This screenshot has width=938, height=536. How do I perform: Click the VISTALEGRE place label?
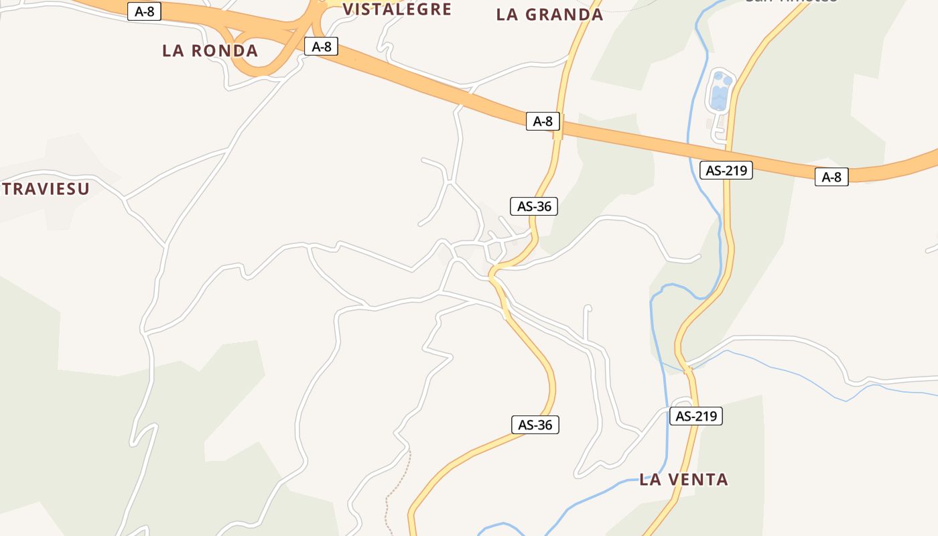pos(397,9)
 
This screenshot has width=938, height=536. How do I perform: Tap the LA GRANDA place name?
pos(549,15)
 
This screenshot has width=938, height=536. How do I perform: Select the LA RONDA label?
pos(210,51)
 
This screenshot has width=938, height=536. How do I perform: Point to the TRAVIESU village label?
pos(46,189)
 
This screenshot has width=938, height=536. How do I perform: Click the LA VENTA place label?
pos(683,480)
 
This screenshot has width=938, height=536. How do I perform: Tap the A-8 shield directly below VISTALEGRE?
pos(322,46)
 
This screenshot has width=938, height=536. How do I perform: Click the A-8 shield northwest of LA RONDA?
pos(144,11)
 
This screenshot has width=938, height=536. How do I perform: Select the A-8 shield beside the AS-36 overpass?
pos(543,121)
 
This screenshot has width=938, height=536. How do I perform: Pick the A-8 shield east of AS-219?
pos(831,177)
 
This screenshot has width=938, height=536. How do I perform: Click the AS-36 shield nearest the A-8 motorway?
pos(534,206)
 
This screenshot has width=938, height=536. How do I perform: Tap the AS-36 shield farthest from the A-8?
pos(535,425)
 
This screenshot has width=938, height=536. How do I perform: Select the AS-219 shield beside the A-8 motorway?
pos(726,170)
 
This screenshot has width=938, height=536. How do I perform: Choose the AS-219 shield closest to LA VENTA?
pos(696,416)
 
